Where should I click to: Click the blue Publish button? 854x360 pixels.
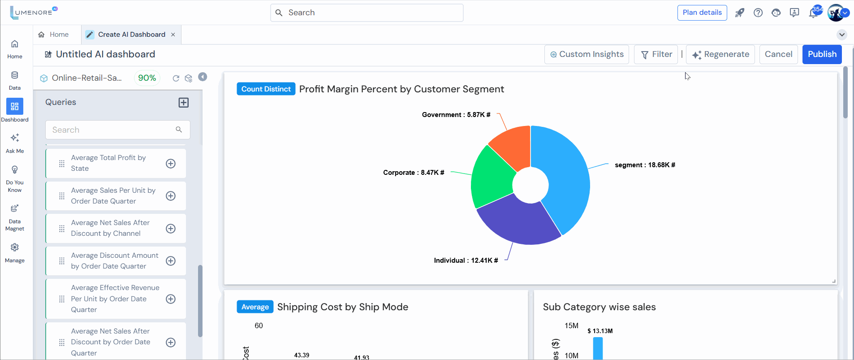coord(822,54)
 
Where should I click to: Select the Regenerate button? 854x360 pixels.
coord(720,54)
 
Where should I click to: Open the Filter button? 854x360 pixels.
coord(656,54)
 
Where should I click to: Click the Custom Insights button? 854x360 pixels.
coord(587,54)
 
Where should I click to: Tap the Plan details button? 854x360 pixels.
coord(702,13)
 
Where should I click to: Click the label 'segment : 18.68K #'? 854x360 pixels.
coord(645,165)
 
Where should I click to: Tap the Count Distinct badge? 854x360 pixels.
coord(266,89)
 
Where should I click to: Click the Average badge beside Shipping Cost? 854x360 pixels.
coord(255,307)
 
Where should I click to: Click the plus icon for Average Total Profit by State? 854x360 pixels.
coord(171,164)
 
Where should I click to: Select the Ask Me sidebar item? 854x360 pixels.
coord(15,142)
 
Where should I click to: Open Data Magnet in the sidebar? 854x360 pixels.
coord(15,217)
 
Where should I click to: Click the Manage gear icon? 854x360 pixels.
coord(15,247)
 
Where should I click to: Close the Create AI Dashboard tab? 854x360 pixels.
coord(173,35)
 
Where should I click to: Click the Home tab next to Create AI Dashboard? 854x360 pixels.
coord(54,35)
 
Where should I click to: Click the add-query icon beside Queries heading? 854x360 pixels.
coord(184,102)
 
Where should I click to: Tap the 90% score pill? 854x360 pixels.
coord(147,78)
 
